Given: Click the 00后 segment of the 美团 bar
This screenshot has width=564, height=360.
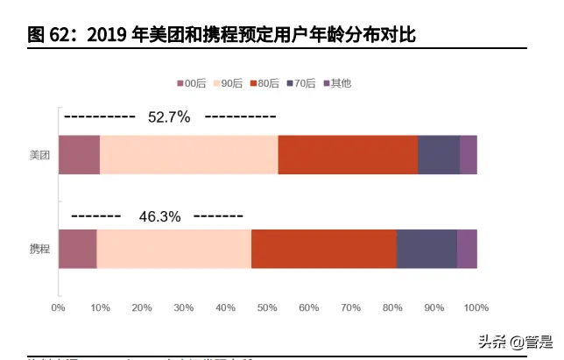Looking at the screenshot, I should [79, 155].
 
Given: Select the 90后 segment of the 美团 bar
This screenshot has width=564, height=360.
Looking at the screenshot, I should [188, 155].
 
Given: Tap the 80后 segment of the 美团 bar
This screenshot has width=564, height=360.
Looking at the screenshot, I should [348, 155].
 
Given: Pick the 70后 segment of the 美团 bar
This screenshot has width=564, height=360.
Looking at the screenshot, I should [439, 155].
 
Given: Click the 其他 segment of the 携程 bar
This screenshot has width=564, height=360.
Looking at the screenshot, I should [467, 249].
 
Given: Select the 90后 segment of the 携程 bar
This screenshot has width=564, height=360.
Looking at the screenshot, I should [173, 249].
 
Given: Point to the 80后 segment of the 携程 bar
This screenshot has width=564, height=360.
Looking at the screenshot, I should [323, 249].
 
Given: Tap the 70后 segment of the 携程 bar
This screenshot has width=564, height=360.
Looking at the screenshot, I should [427, 249].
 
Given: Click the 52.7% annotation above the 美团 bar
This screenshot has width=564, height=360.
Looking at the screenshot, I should [169, 117].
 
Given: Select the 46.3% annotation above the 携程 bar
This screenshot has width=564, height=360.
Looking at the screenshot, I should [159, 215].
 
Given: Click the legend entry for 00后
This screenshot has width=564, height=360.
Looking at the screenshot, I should [191, 83].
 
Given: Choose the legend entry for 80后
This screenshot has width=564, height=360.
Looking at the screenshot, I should [264, 83].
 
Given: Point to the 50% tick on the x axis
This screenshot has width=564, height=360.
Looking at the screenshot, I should [267, 307].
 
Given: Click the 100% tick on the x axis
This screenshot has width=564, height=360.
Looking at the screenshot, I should [476, 307].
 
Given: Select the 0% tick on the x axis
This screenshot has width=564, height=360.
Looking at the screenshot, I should [59, 307].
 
